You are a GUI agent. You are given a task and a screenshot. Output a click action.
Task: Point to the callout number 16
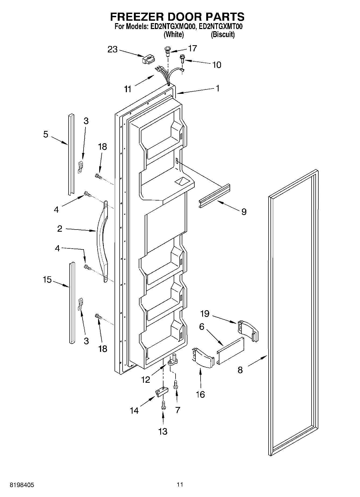click(x=201, y=394)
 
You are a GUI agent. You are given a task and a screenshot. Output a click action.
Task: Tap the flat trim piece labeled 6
click(x=231, y=350)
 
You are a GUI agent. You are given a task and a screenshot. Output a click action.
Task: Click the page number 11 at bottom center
click(x=180, y=484)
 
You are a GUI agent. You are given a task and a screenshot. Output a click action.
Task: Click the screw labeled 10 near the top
click(x=182, y=58)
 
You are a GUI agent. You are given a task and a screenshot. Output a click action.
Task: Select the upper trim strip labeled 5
click(x=71, y=155)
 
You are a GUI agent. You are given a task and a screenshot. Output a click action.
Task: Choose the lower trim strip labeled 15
click(x=72, y=303)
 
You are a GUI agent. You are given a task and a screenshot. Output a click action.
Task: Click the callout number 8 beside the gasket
click(x=240, y=370)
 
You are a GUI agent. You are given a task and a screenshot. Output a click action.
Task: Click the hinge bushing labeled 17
click(x=167, y=51)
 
